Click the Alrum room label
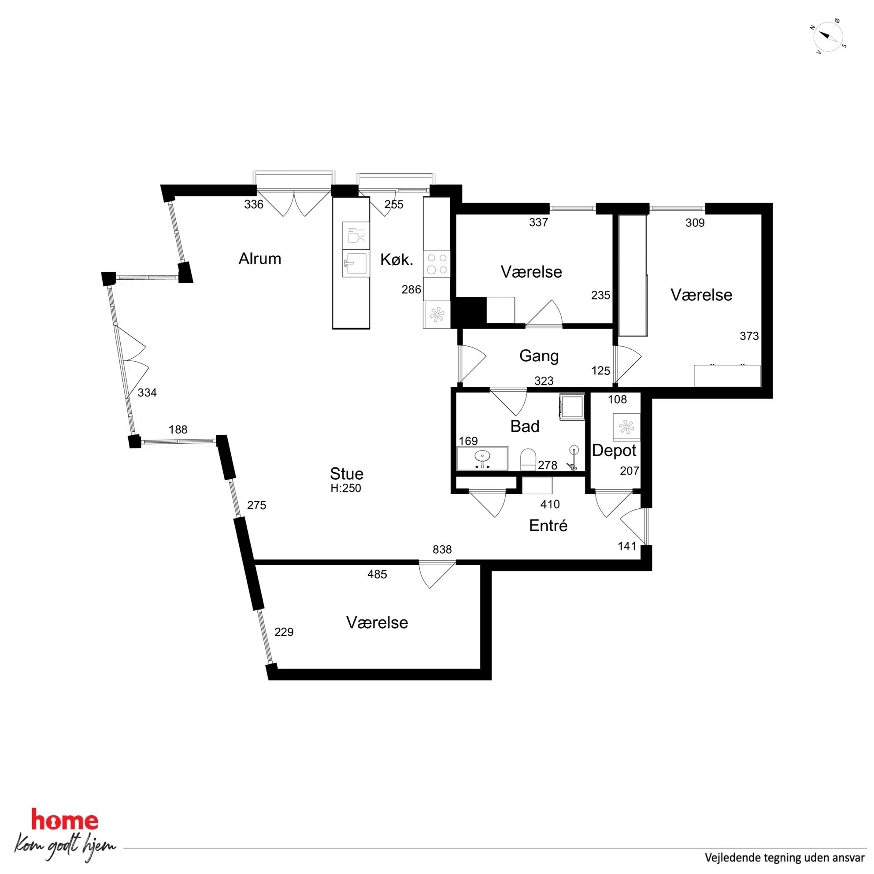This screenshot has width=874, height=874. pyautogui.click(x=259, y=259)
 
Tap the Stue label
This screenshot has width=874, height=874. pyautogui.click(x=347, y=474)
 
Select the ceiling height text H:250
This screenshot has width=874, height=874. pyautogui.click(x=346, y=489)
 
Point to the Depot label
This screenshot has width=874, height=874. pyautogui.click(x=614, y=451)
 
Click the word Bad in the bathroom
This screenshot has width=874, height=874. pyautogui.click(x=525, y=426)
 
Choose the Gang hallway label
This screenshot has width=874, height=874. pyautogui.click(x=539, y=356)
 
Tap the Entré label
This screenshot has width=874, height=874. pyautogui.click(x=548, y=526)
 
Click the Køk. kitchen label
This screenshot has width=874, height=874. pyautogui.click(x=397, y=259)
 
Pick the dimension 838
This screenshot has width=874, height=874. pyautogui.click(x=442, y=550)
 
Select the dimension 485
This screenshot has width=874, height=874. pyautogui.click(x=377, y=574)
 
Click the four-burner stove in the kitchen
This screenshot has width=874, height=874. pyautogui.click(x=437, y=264)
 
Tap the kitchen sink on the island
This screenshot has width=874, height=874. pyautogui.click(x=356, y=263)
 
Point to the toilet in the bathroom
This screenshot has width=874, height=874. pyautogui.click(x=528, y=459)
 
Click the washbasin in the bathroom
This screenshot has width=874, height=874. pyautogui.click(x=483, y=458)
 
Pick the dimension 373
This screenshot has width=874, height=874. pyautogui.click(x=749, y=336)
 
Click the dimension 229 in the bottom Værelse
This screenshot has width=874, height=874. pyautogui.click(x=284, y=633)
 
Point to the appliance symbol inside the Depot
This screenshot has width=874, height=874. pyautogui.click(x=626, y=427)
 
